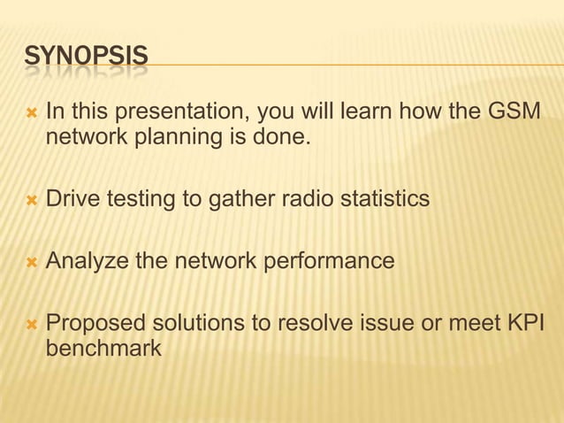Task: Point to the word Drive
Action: point(72,200)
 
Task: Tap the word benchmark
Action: point(103,348)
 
